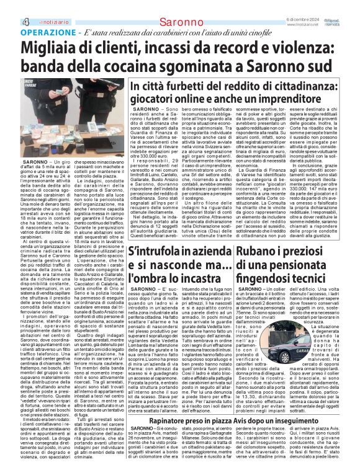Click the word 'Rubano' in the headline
(x=259, y=252)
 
